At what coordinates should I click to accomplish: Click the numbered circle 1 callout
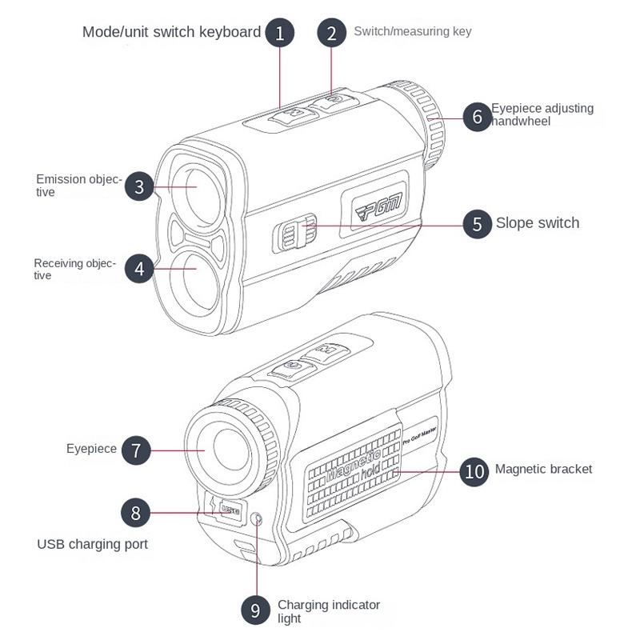click(279, 33)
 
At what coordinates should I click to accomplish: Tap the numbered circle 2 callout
click(331, 33)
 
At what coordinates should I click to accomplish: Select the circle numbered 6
click(478, 117)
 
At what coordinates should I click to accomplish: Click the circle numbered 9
click(255, 610)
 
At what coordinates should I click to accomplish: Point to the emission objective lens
click(192, 186)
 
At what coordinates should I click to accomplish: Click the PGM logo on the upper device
click(379, 206)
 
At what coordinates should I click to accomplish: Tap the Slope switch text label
click(537, 223)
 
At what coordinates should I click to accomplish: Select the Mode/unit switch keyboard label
click(171, 32)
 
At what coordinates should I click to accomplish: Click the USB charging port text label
click(92, 544)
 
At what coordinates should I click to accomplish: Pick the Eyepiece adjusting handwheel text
click(542, 114)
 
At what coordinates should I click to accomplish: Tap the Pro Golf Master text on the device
click(419, 432)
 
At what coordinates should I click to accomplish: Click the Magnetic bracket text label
click(543, 469)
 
